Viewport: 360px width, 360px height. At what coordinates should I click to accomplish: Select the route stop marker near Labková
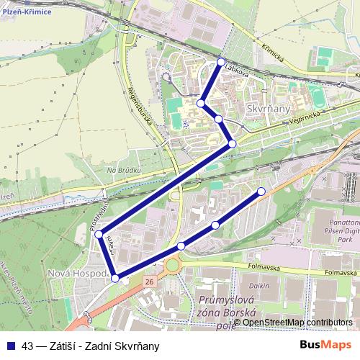[221, 62]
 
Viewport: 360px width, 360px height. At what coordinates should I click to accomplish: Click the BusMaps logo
[325, 345]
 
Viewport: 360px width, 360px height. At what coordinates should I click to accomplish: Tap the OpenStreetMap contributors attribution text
[297, 323]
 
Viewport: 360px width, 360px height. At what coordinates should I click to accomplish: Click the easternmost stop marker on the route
[261, 191]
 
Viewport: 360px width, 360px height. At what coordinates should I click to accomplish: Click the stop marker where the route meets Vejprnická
[232, 144]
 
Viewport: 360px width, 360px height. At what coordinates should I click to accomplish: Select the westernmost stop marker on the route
[98, 235]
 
